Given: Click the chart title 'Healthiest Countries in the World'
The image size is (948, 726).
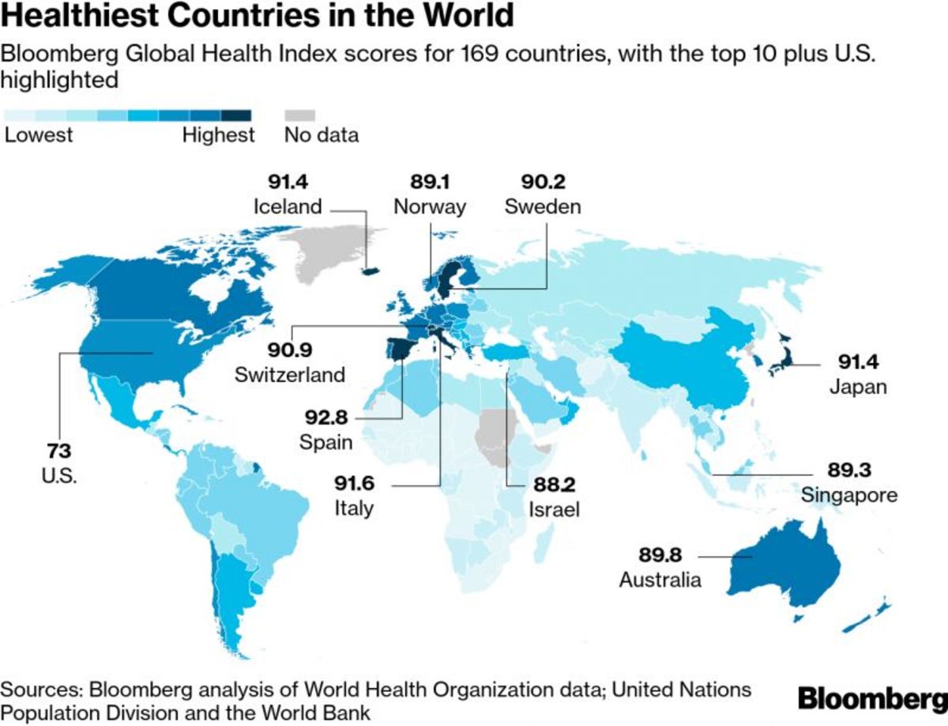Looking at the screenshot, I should pyautogui.click(x=258, y=16).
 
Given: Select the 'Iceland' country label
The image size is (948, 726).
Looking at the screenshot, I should pyautogui.click(x=288, y=207).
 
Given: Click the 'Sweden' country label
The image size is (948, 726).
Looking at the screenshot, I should pyautogui.click(x=543, y=207).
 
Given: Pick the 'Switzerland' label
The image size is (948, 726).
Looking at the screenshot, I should pyautogui.click(x=290, y=374).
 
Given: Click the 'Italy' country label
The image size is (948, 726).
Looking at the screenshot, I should pyautogui.click(x=353, y=508).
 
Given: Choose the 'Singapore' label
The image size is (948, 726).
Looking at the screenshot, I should pyautogui.click(x=849, y=495).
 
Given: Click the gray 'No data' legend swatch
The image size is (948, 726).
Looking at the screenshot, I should pyautogui.click(x=299, y=115).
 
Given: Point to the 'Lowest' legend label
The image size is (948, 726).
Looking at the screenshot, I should pyautogui.click(x=39, y=135).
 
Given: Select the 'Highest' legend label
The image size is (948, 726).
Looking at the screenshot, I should pyautogui.click(x=219, y=135).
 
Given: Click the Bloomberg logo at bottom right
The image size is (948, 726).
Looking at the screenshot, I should pyautogui.click(x=871, y=698).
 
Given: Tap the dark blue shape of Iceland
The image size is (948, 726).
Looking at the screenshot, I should pyautogui.click(x=369, y=270).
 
